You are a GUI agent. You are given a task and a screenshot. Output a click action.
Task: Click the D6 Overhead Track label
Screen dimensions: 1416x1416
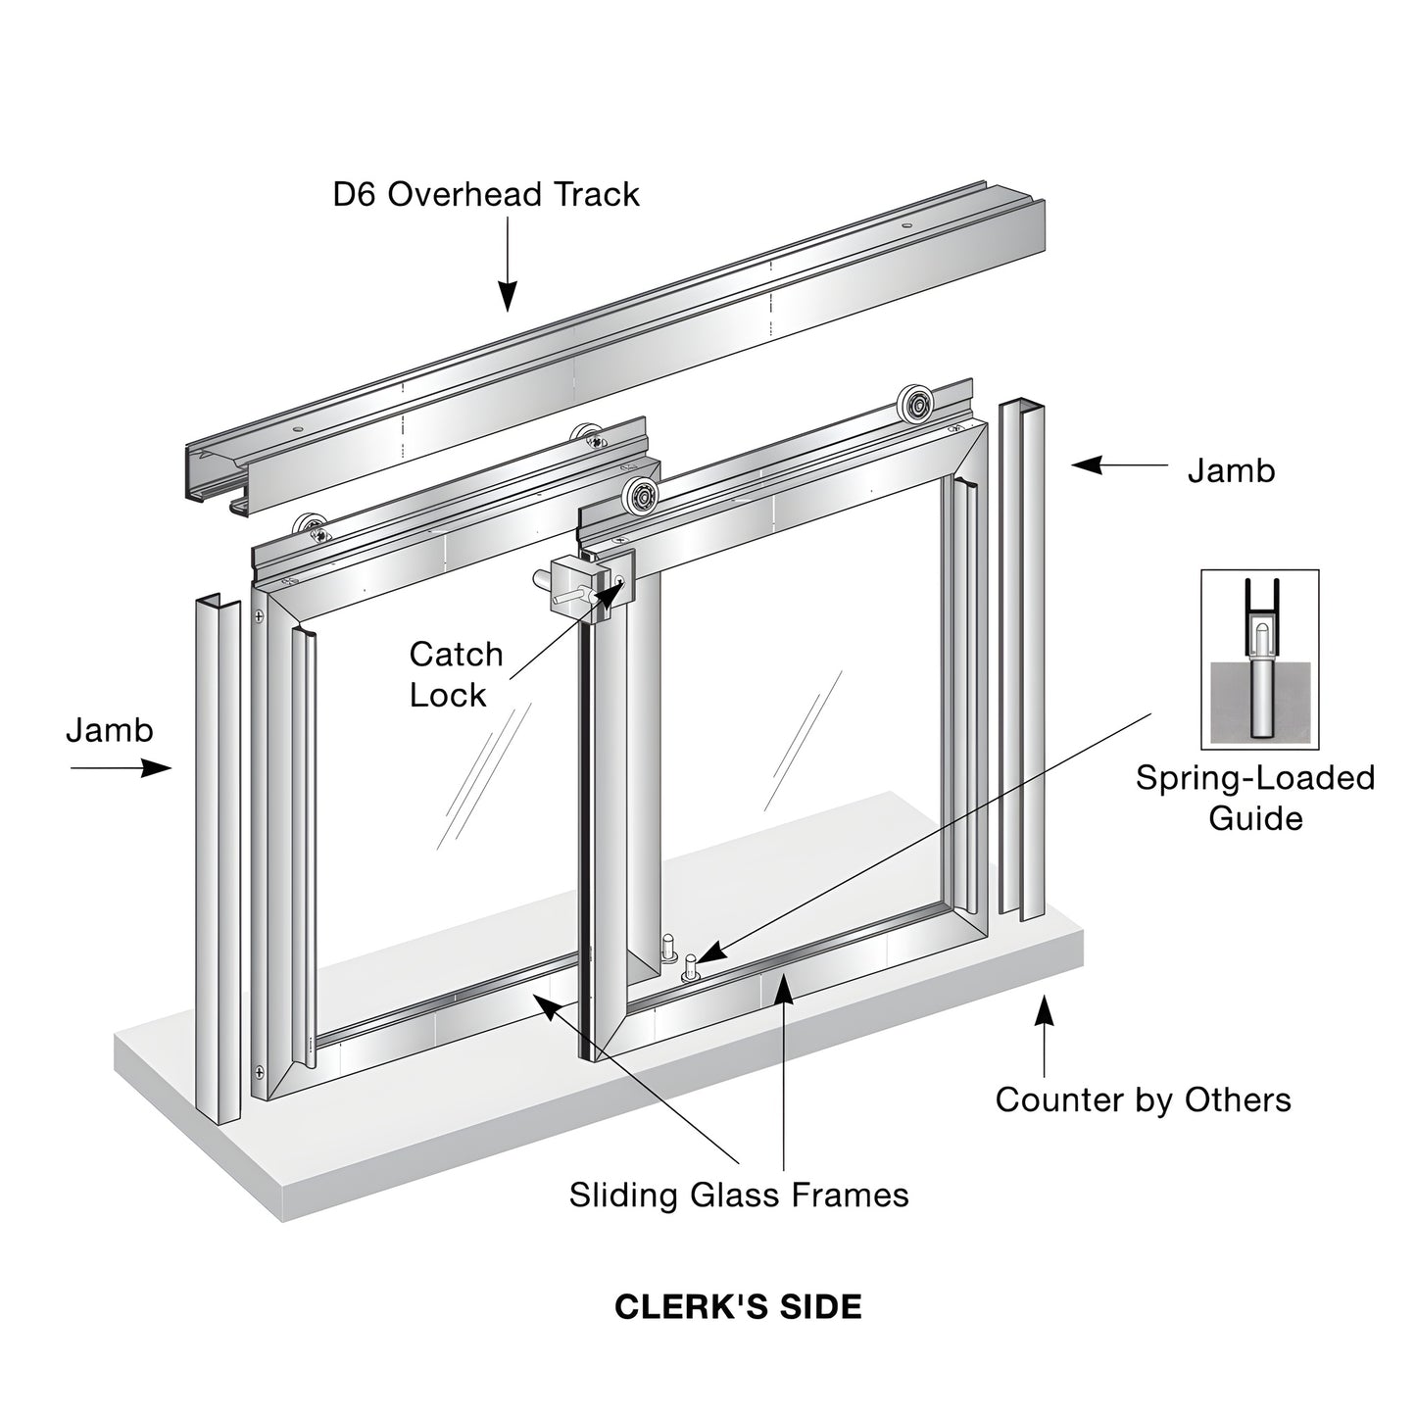(485, 194)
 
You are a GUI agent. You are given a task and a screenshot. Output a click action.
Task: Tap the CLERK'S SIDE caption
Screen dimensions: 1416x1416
(738, 1306)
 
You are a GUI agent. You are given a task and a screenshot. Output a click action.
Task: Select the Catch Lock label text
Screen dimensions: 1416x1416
(456, 674)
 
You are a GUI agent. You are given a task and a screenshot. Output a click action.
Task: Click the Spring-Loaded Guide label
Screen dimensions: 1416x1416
(1255, 798)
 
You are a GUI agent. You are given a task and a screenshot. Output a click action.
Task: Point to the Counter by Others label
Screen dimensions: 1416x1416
(1143, 1099)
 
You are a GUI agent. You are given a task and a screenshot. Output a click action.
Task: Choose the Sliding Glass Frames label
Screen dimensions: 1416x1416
(739, 1195)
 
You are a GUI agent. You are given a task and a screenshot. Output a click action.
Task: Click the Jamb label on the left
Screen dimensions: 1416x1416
(110, 730)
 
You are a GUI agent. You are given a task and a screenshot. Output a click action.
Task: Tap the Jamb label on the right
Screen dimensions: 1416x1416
(1231, 470)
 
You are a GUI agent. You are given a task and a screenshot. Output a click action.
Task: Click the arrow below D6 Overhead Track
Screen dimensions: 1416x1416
(507, 265)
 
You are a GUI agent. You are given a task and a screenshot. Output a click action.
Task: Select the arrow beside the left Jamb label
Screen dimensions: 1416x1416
(122, 768)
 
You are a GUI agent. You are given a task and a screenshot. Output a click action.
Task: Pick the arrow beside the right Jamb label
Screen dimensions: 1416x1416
(1117, 465)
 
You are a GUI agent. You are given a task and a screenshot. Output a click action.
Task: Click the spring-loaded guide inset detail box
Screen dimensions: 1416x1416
(1259, 659)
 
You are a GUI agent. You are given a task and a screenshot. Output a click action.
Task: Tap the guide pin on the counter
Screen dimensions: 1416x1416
(691, 967)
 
